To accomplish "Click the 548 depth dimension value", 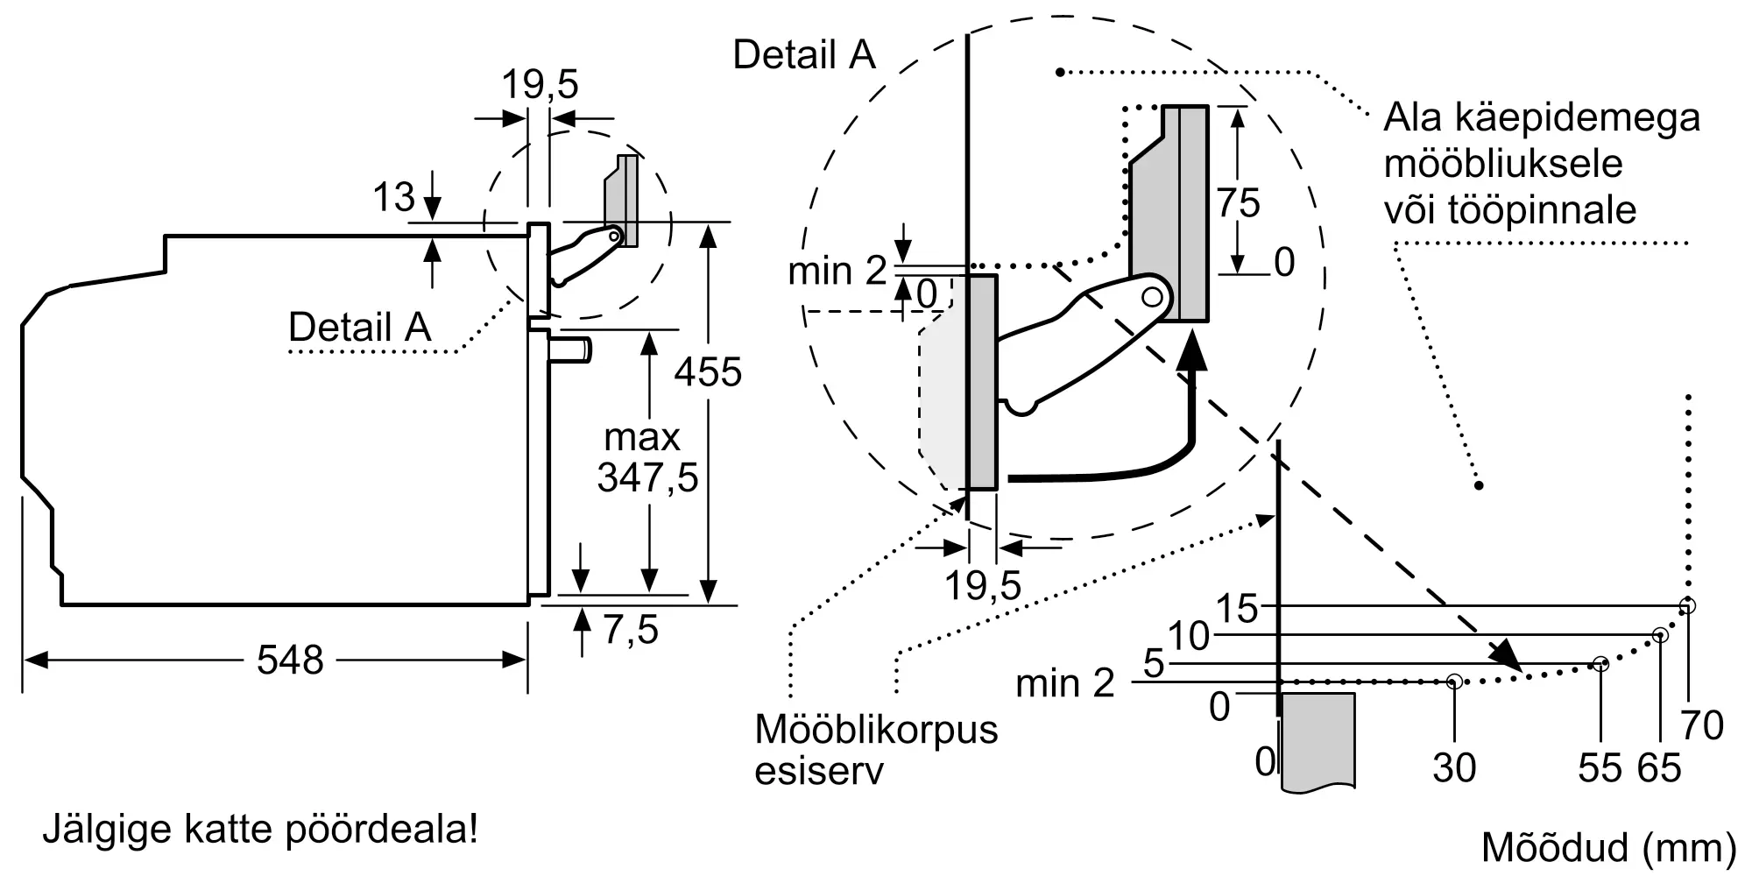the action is (290, 660).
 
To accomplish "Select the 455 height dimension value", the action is (708, 372).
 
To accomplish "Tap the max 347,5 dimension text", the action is (647, 457).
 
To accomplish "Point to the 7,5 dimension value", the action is (631, 630).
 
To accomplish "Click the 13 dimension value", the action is (393, 197).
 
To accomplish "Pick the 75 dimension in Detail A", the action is (1238, 202).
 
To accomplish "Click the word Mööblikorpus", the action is (876, 729).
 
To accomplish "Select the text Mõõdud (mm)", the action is (1608, 847).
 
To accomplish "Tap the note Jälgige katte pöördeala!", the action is (260, 829).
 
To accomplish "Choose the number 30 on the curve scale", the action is (1454, 767).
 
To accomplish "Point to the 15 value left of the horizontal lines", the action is (1237, 609).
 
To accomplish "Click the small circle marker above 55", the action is (1600, 664).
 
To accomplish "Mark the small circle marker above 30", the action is (1454, 681).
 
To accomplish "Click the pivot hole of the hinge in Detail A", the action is (1153, 297).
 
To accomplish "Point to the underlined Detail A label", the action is (359, 328).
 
